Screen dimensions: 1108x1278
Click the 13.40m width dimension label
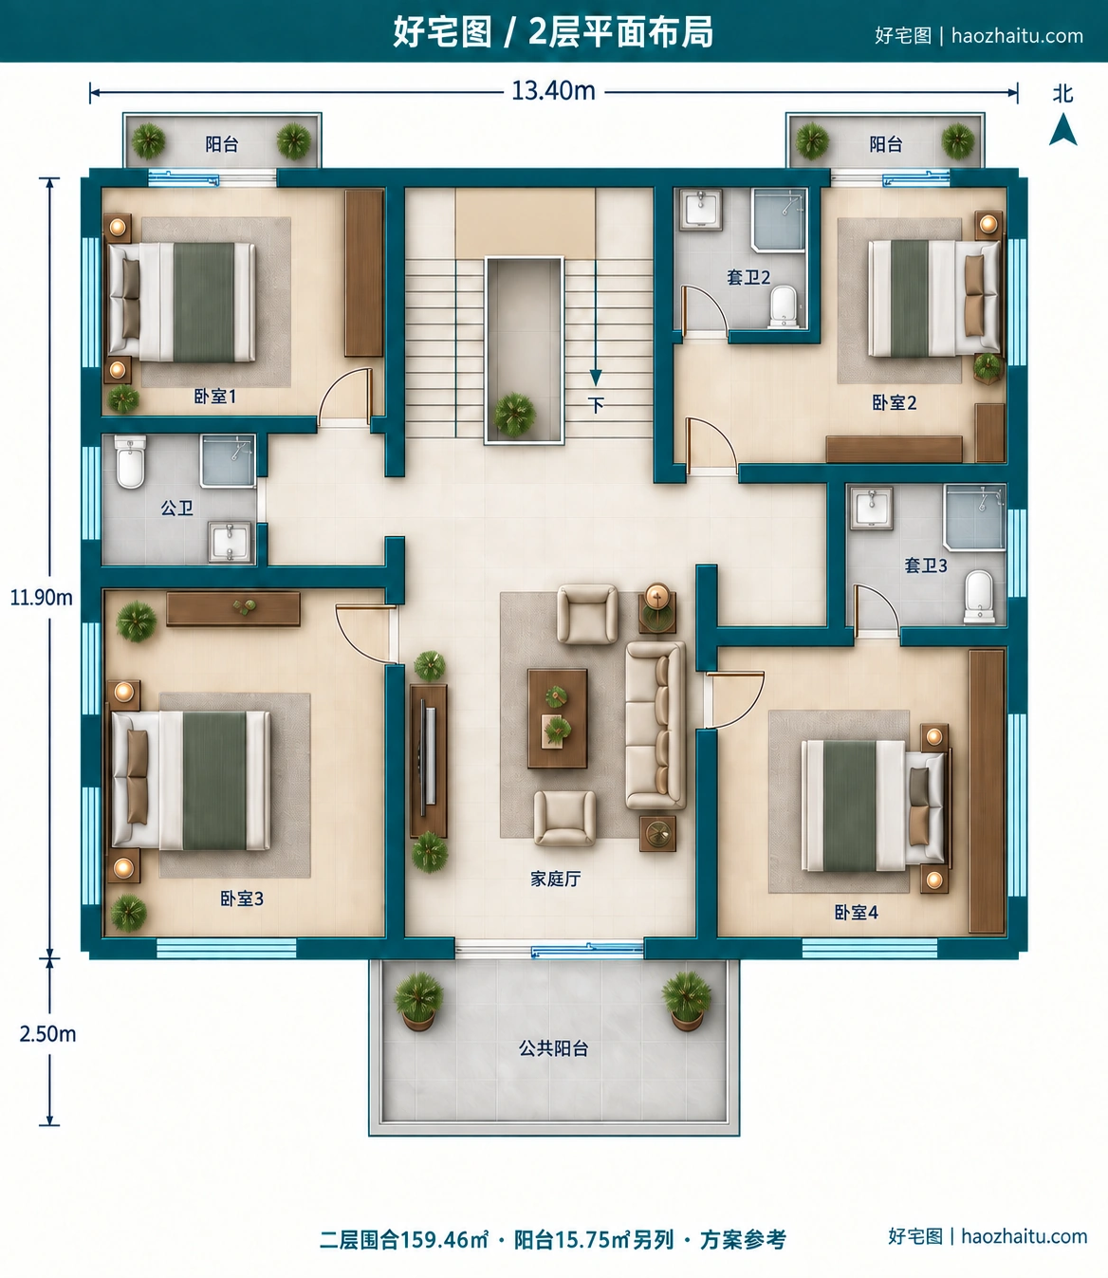point(553,91)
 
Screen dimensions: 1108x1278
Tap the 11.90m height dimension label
point(42,598)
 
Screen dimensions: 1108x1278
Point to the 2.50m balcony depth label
point(47,1033)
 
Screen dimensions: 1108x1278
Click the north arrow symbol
point(1062,129)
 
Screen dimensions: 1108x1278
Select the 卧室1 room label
point(215,396)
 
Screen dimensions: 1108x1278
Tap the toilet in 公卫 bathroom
point(131,461)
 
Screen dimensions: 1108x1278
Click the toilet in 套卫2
point(784,306)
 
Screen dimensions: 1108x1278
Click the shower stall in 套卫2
point(779,220)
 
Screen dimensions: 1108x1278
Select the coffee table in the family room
point(557,718)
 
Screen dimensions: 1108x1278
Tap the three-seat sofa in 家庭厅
point(656,725)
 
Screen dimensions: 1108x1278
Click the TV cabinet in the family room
point(428,760)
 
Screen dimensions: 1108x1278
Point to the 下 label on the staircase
point(596,405)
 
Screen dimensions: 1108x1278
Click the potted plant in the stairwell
point(514,415)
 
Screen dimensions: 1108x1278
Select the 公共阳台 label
point(553,1047)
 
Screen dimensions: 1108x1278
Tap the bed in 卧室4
point(873,805)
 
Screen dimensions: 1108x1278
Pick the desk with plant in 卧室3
point(233,609)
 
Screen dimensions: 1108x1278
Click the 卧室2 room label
point(894,402)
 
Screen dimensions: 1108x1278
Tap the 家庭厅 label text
point(555,879)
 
